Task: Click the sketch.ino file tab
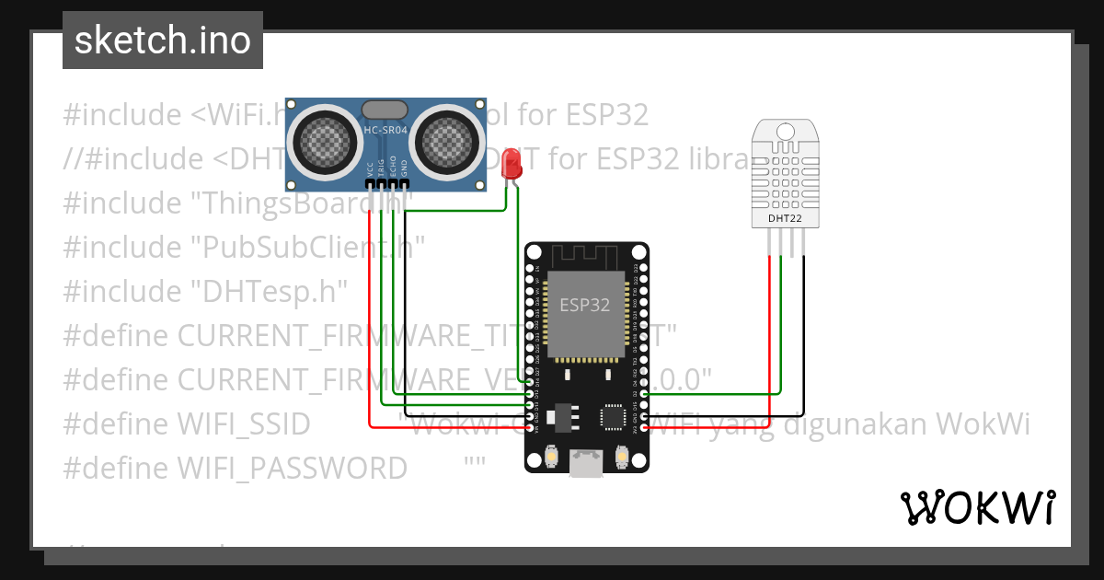162,41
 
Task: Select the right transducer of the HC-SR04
450,141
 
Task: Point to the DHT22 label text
785,219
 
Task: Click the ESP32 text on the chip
585,306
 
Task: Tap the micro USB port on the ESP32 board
585,462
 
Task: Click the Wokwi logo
977,507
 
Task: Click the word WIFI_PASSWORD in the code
292,469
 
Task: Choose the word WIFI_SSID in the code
244,424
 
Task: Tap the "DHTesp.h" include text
269,292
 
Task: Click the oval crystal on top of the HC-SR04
385,110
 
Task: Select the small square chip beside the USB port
613,417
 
